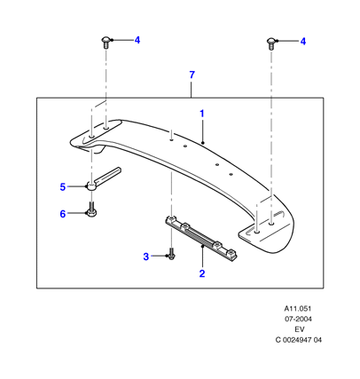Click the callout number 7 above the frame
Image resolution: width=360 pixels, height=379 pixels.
[192, 75]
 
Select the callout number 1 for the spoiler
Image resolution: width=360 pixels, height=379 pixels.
[202, 114]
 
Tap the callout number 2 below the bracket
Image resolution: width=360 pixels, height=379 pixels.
[202, 273]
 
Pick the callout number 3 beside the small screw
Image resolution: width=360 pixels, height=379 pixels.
[146, 257]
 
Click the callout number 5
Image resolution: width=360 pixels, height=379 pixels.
[63, 187]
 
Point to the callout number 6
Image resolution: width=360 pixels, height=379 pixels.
[63, 214]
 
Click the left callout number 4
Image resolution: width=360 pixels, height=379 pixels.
[137, 40]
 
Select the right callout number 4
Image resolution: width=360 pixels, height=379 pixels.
[303, 42]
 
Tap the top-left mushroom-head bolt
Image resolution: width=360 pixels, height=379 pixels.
[106, 43]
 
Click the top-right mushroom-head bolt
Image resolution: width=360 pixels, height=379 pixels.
[271, 43]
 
